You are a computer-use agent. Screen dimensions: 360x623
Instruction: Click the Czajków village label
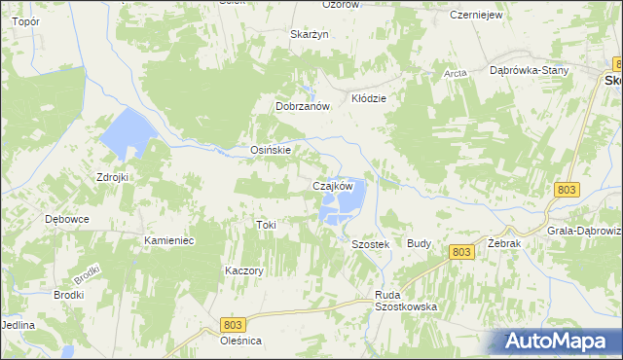332,186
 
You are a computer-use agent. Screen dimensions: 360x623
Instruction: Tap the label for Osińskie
266,151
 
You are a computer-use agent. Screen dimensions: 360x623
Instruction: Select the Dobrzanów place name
304,107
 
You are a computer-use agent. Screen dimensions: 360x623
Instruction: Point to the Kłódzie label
369,99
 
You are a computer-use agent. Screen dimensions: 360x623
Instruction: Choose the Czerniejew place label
475,16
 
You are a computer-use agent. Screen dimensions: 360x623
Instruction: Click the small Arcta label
455,73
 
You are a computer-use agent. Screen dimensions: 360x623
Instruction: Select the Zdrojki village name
112,177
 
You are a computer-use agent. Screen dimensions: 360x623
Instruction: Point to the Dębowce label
67,219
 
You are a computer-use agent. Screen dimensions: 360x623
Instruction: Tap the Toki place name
266,225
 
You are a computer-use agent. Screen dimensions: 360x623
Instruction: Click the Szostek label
370,244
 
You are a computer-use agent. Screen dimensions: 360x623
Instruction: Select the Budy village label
420,243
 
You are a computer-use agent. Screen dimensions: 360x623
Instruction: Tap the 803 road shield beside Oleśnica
232,323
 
